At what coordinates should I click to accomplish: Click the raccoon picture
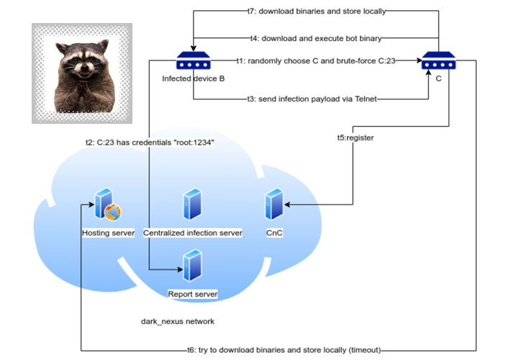click(81, 73)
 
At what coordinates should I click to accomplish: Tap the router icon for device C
click(438, 61)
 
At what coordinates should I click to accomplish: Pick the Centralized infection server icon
click(192, 204)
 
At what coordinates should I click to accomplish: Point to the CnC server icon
click(274, 204)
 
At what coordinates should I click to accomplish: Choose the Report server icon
click(192, 266)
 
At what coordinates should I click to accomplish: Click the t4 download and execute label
click(315, 37)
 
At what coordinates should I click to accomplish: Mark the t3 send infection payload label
click(312, 98)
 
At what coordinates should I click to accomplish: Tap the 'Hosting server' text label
click(108, 233)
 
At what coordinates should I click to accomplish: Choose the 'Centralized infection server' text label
click(192, 233)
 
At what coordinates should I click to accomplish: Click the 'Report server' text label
click(192, 294)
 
